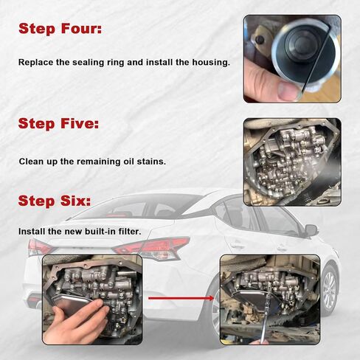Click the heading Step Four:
click(x=60, y=29)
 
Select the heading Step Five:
click(x=58, y=123)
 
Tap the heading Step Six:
click(x=55, y=201)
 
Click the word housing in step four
click(x=211, y=62)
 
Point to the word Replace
click(x=35, y=63)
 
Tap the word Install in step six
click(x=32, y=232)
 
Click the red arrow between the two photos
click(x=181, y=298)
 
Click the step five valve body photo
click(x=292, y=162)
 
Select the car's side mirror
click(x=311, y=231)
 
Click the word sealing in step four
click(x=88, y=63)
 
